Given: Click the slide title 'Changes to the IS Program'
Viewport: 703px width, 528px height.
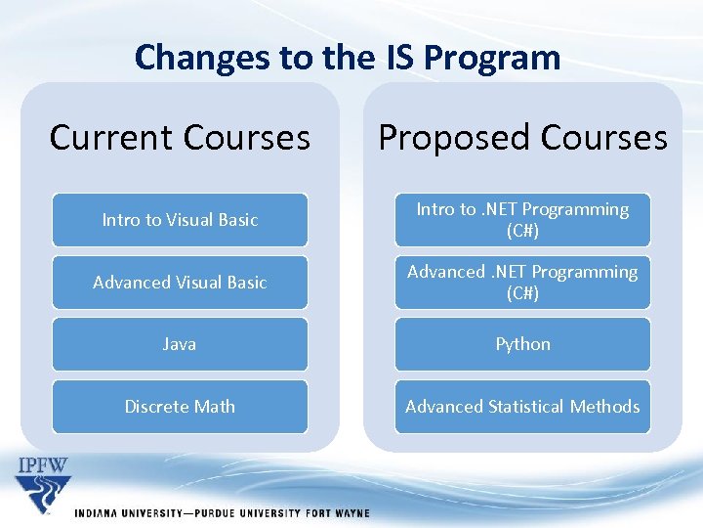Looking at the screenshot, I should tap(348, 58).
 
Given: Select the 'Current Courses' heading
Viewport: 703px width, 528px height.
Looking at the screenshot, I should tap(180, 138).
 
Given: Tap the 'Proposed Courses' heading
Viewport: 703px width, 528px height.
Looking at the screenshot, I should tap(522, 138).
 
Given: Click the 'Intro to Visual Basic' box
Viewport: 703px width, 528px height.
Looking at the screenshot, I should tap(180, 220).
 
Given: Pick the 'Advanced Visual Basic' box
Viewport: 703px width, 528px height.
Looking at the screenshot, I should tap(180, 283).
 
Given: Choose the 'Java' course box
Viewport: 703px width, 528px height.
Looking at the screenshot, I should tap(180, 344).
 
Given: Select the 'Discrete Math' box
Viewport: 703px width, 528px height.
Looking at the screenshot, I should tap(180, 407).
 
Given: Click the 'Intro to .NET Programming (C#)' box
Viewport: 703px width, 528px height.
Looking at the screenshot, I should tap(522, 220).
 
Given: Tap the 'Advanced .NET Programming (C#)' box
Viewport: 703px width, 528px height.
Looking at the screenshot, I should tap(522, 283).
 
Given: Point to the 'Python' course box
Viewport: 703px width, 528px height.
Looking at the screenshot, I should tap(522, 344).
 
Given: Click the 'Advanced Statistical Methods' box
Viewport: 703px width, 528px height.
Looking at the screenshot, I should tap(522, 407).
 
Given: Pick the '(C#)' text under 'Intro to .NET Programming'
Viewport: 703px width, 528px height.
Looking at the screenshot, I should tap(522, 231).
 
